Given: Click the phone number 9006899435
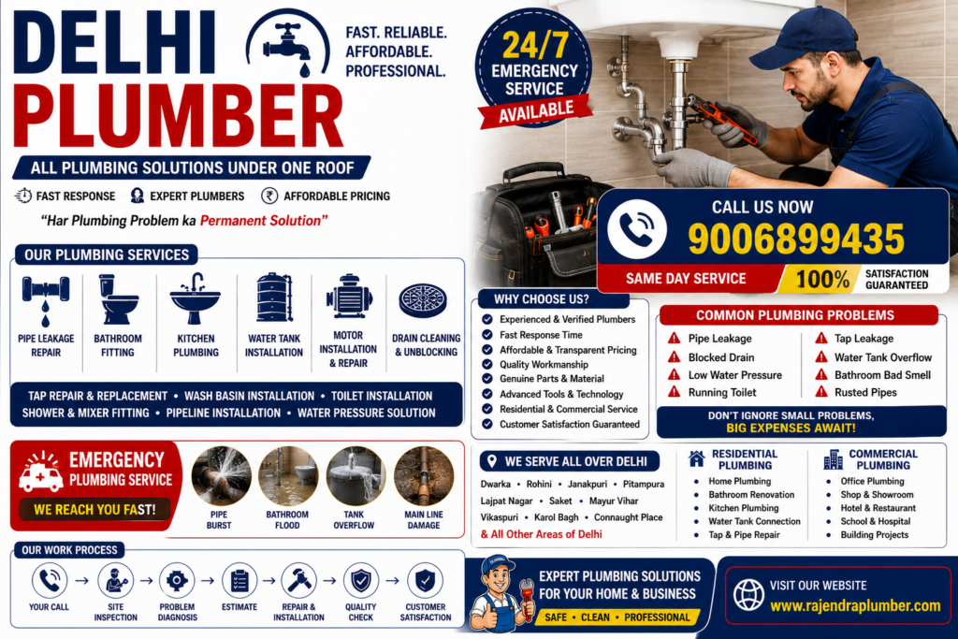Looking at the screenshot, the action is [796, 239].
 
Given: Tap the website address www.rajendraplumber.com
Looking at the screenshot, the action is [855, 605].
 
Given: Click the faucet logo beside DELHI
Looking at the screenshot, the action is [287, 47].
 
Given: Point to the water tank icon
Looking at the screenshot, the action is [274, 298].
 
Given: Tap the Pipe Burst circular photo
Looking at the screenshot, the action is [221, 476].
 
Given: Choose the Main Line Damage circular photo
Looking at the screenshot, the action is [424, 476].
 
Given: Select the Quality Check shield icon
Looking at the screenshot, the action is [361, 580].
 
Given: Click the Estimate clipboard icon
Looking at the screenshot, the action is [239, 580].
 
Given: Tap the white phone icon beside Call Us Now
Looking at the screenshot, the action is [636, 228].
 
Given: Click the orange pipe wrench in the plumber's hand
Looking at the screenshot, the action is [721, 118].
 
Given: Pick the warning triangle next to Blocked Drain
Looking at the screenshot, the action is [674, 356].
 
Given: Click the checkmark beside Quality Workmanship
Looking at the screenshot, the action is [486, 364].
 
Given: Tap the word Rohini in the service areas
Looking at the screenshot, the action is [539, 484].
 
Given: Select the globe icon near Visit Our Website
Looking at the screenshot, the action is [748, 594].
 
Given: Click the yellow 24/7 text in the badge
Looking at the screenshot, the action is [535, 45].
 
